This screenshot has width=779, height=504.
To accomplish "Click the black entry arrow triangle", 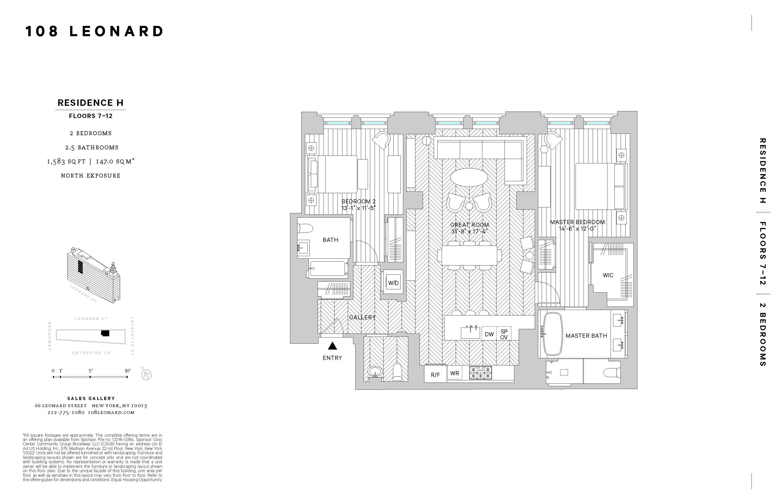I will tap(332, 346).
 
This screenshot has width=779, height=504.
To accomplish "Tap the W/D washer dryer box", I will tap(393, 282).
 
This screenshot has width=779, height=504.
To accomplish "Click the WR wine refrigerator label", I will tap(454, 373).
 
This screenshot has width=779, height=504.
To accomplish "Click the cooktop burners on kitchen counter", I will tap(480, 373).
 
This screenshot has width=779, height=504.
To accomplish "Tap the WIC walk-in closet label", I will tap(608, 275).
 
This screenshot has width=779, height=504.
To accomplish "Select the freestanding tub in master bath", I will tap(552, 334).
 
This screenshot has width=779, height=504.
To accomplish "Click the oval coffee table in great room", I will tap(469, 177).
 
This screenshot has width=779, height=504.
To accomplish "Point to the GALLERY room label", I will tap(362, 317).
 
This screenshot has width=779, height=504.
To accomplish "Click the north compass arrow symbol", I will tap(146, 374).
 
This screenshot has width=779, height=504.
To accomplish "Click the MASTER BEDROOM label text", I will tap(577, 222).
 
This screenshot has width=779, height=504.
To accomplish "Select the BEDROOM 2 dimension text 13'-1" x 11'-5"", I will tap(358, 208).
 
